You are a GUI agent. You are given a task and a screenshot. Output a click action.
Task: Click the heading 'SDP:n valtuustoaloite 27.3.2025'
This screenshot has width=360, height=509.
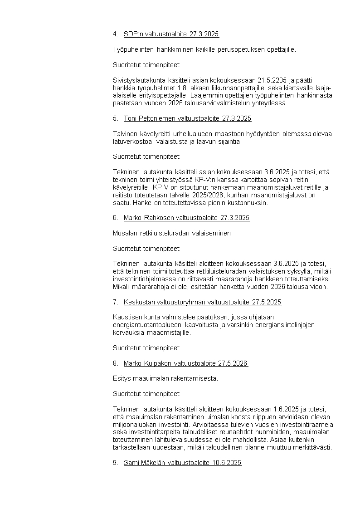pos(171,34)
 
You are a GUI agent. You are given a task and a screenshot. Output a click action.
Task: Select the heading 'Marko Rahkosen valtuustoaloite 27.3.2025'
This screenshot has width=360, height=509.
pos(186,218)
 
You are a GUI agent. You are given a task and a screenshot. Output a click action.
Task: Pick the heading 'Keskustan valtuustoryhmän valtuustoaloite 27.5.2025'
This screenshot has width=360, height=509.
pos(202,302)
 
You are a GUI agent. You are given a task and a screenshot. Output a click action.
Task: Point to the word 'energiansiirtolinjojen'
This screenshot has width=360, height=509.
pos(271,325)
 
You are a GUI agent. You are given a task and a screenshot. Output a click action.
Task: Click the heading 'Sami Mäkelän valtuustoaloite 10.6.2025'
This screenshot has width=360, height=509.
pos(182,463)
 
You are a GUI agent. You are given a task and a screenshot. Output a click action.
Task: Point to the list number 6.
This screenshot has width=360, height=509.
pos(115,218)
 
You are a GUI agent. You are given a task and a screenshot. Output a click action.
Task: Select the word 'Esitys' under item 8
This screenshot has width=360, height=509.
pos(121,378)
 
